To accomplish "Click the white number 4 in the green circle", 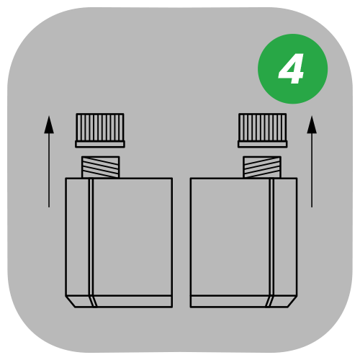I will click(292, 70).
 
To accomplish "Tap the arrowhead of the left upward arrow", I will click(49, 123).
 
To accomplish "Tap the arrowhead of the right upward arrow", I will click(311, 123).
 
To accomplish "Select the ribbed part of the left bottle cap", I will click(100, 127).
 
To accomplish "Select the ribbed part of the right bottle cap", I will click(262, 127).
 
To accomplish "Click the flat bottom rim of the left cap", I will click(100, 144).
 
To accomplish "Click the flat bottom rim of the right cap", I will click(262, 144).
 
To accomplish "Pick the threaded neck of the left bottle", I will click(101, 167).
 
